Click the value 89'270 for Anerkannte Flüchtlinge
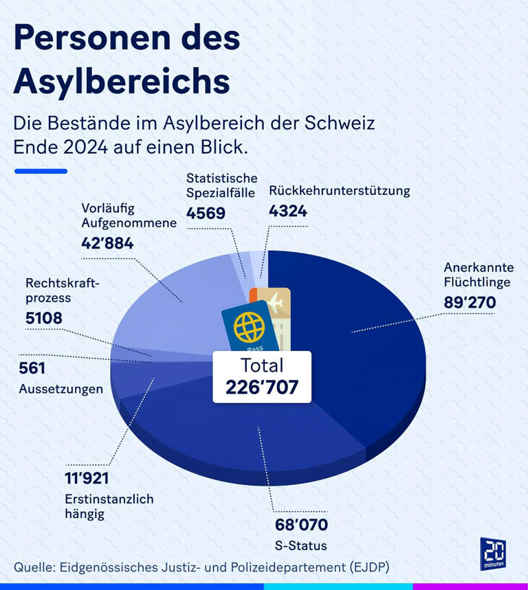click(x=470, y=302)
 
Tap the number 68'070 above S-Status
click(x=300, y=525)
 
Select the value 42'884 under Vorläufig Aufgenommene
click(x=107, y=243)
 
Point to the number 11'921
click(x=86, y=479)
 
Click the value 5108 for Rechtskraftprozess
click(x=44, y=318)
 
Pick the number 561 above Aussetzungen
click(x=32, y=369)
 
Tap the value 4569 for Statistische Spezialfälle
click(x=206, y=213)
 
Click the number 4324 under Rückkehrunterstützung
click(x=288, y=211)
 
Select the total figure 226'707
click(x=262, y=387)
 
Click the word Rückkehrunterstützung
click(x=339, y=191)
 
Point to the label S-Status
click(x=300, y=546)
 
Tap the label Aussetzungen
click(x=60, y=389)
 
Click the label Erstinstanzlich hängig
click(x=108, y=506)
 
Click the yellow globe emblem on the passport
click(x=249, y=328)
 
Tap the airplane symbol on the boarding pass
click(x=274, y=302)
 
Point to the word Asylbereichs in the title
click(x=122, y=81)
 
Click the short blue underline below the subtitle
click(x=41, y=171)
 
